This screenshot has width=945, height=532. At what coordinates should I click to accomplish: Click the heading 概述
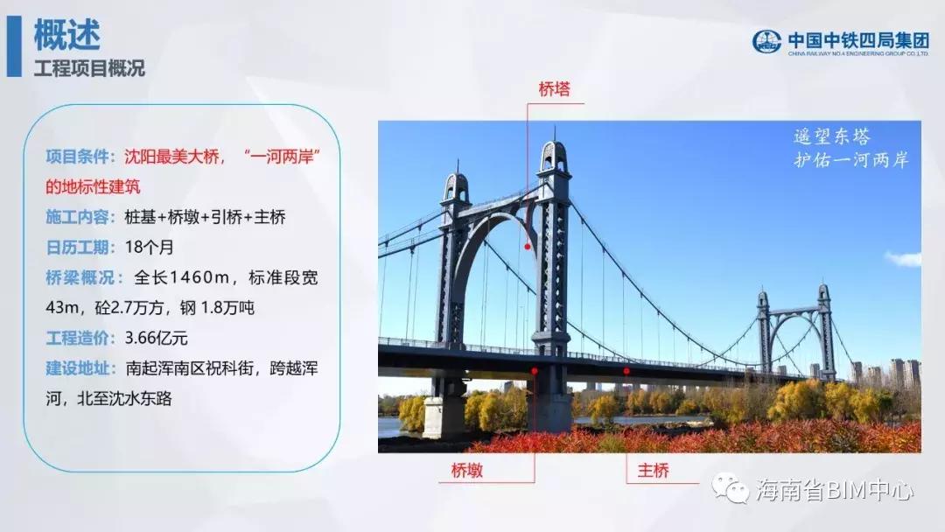[66, 34]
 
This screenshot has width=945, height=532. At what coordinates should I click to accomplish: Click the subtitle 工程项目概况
[89, 68]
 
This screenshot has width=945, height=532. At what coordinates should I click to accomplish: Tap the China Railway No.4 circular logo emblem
[766, 42]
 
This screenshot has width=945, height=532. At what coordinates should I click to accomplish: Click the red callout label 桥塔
[554, 89]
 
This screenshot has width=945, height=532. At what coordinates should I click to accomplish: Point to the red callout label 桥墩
[467, 470]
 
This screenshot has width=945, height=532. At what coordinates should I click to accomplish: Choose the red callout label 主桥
[654, 470]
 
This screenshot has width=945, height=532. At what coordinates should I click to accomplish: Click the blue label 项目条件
[80, 157]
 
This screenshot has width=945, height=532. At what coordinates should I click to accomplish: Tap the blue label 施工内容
[80, 217]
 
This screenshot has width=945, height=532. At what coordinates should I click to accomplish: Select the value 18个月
[150, 247]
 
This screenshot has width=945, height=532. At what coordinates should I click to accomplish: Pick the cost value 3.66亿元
[156, 338]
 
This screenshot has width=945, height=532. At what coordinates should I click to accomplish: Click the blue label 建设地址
[80, 368]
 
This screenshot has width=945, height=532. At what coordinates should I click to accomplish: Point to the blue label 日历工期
[80, 247]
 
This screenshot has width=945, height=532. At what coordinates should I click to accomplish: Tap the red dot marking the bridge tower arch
[528, 247]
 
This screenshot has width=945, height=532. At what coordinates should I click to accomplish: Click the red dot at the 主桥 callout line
[626, 371]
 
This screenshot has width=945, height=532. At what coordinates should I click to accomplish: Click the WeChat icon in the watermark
[731, 487]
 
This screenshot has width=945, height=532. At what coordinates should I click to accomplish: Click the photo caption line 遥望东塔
[832, 136]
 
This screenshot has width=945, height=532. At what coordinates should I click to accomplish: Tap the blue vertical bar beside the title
[14, 46]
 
